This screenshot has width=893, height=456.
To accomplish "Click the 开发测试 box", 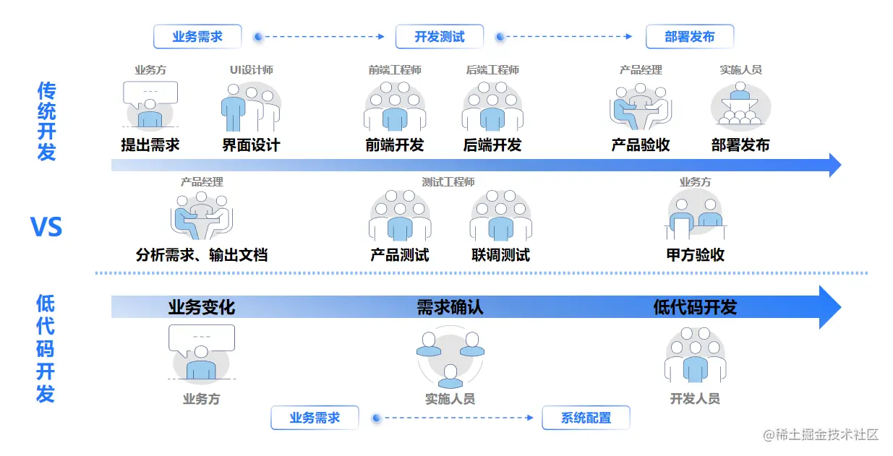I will (x=440, y=36).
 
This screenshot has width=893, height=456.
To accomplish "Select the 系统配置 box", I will (x=586, y=418).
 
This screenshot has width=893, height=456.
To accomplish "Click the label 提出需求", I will (x=150, y=145).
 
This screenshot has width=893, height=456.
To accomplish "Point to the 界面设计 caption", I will (x=251, y=145).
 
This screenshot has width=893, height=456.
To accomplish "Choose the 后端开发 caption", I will (x=492, y=145).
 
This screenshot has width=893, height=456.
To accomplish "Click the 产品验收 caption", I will (x=641, y=145).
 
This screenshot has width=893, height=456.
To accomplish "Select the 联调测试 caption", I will (x=500, y=255).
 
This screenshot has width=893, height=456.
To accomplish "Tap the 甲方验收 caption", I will (x=696, y=255).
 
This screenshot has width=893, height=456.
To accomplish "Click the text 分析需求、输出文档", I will (x=202, y=255).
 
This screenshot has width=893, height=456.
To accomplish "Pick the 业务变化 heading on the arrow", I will (x=202, y=307).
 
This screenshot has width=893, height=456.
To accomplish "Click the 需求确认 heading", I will (x=450, y=307).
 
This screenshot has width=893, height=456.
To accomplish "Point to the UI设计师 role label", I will (x=251, y=70).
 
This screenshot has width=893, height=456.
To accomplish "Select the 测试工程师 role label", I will (x=448, y=182).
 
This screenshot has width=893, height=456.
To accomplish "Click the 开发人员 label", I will (x=695, y=399).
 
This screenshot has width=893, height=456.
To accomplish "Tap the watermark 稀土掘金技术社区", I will (x=823, y=435).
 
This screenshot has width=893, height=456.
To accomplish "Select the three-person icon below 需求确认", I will (x=450, y=358).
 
